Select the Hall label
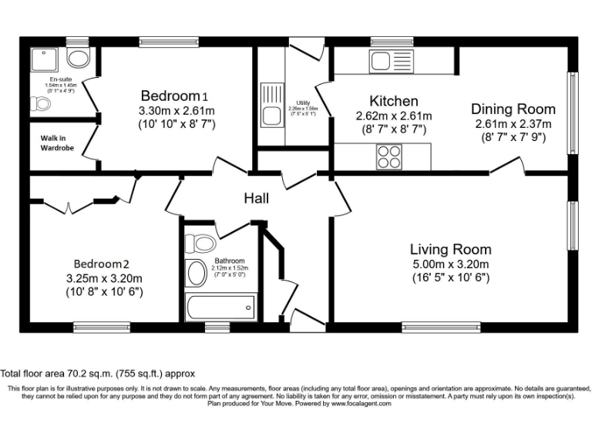256,199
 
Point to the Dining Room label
511,109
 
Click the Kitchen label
393,101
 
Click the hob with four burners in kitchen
388,157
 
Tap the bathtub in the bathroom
220,307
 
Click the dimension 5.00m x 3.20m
450,264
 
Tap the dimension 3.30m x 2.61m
176,110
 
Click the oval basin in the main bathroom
196,272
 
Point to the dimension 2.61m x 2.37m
512,123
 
